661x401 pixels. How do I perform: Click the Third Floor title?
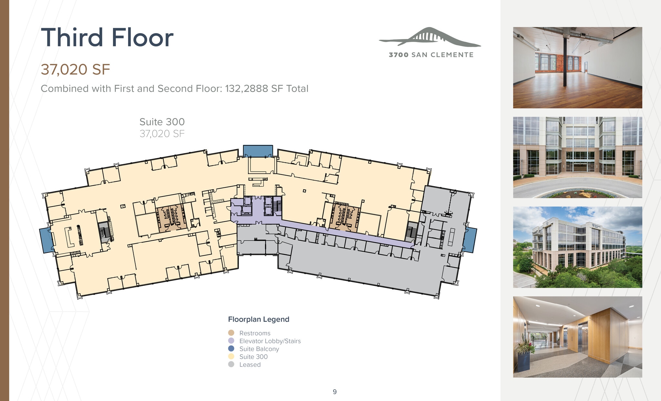pyautogui.click(x=107, y=37)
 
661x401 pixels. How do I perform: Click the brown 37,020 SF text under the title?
pyautogui.click(x=75, y=69)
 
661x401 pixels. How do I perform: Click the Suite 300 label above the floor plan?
pyautogui.click(x=162, y=122)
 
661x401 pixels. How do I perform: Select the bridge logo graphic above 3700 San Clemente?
pyautogui.click(x=430, y=37)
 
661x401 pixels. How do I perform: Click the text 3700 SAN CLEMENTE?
pyautogui.click(x=431, y=55)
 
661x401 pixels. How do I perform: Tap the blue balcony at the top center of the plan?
pyautogui.click(x=258, y=151)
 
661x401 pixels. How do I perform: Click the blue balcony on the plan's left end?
pyautogui.click(x=46, y=240)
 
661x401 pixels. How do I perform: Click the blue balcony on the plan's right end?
pyautogui.click(x=470, y=240)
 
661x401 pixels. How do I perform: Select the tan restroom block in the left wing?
pyautogui.click(x=172, y=218)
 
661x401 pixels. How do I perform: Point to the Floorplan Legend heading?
pyautogui.click(x=259, y=319)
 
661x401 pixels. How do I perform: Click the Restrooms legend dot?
pyautogui.click(x=231, y=333)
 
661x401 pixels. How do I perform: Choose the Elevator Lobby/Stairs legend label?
pyautogui.click(x=270, y=341)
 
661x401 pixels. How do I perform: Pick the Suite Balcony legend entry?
pyautogui.click(x=259, y=349)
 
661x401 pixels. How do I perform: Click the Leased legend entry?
pyautogui.click(x=249, y=365)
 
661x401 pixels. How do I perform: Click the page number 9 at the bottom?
pyautogui.click(x=335, y=392)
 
